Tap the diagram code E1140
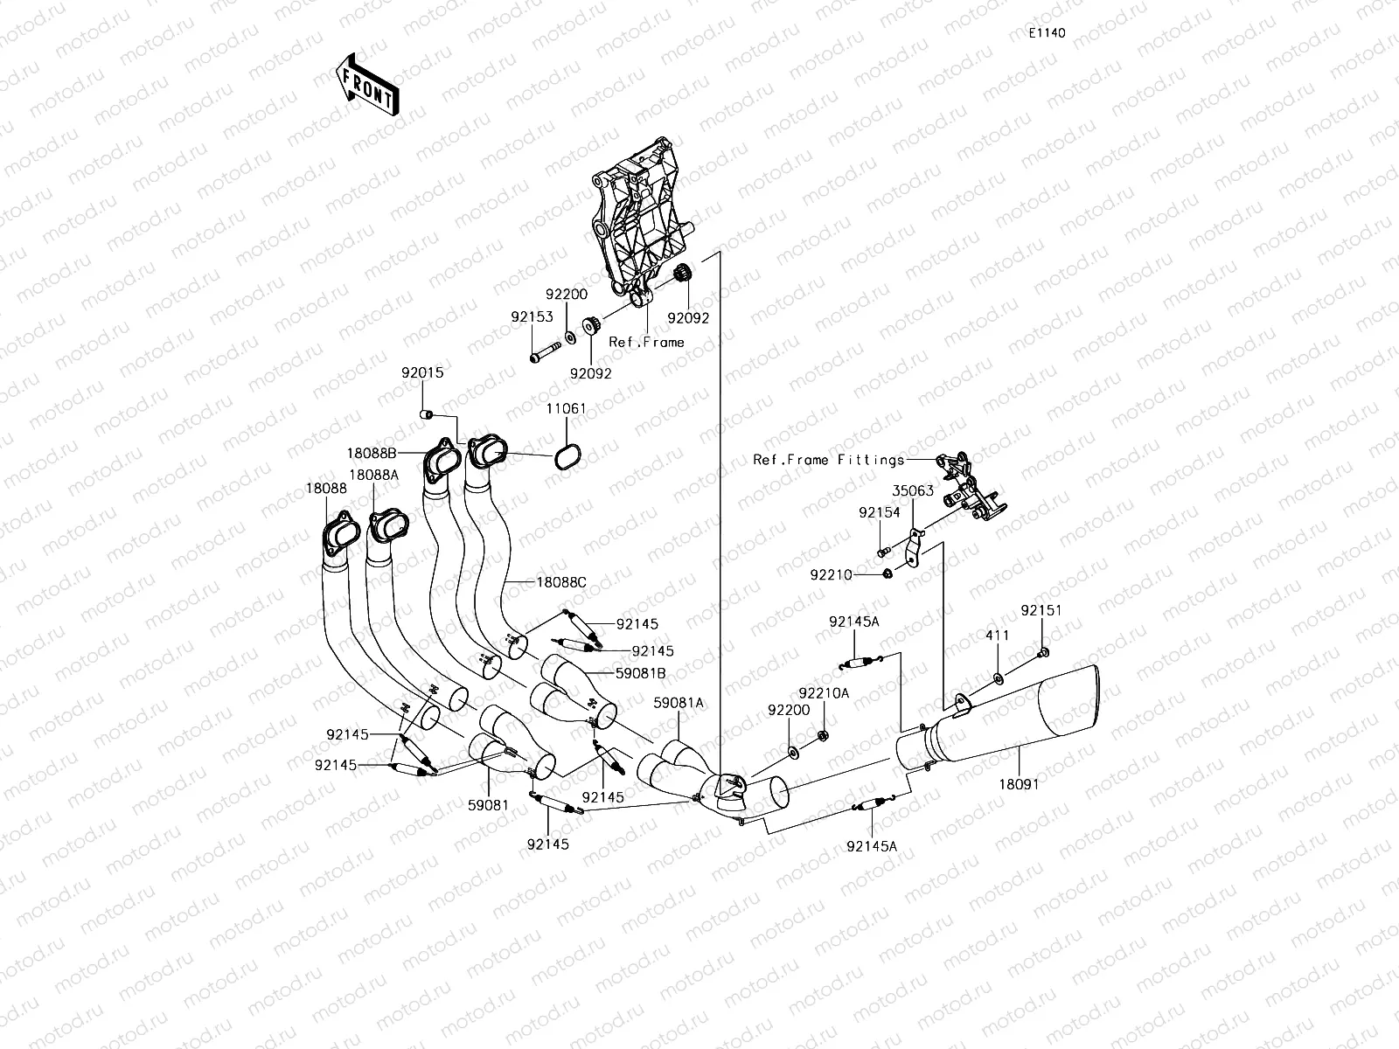click(x=1046, y=33)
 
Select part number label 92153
click(x=532, y=316)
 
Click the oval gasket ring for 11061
click(x=568, y=455)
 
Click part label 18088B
click(x=372, y=453)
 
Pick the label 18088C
click(x=561, y=582)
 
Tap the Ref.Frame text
click(x=646, y=342)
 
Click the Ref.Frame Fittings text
click(x=829, y=459)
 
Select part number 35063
click(x=913, y=490)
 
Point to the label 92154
click(x=879, y=513)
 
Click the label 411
click(x=998, y=636)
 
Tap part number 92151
click(x=1041, y=610)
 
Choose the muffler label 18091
click(x=1020, y=784)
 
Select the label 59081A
click(x=679, y=702)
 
